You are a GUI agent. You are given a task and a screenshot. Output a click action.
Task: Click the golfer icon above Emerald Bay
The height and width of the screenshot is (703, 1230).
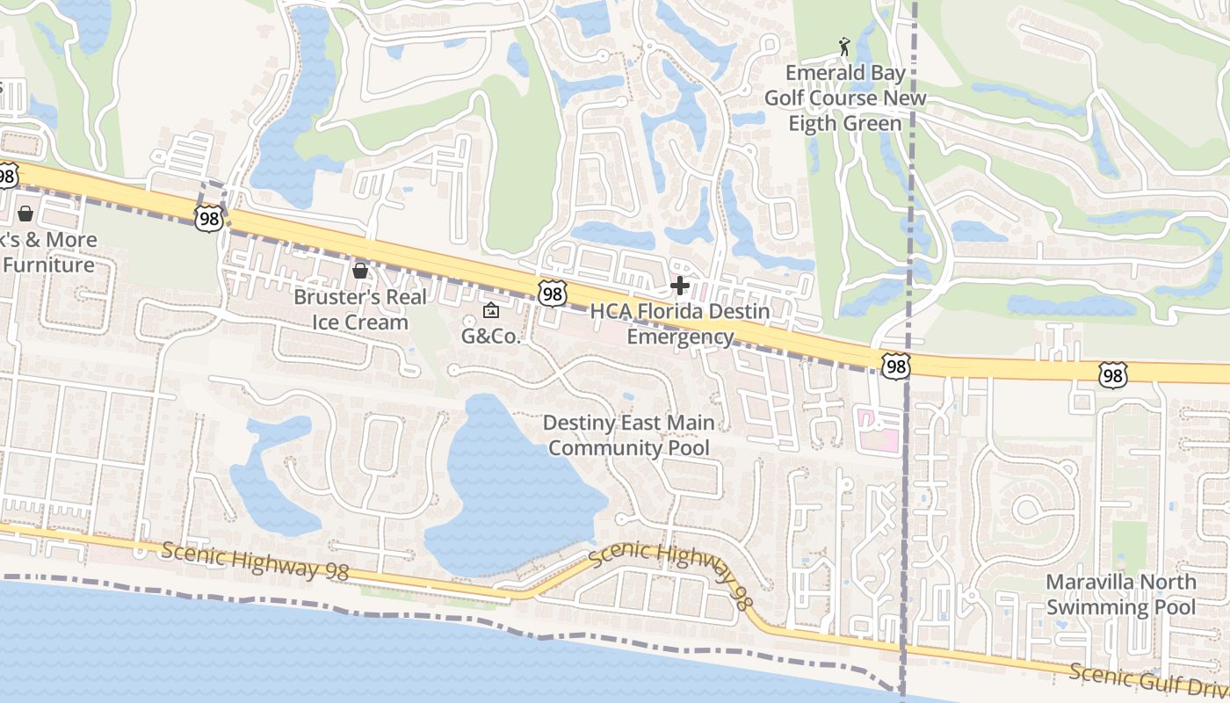click(x=844, y=46)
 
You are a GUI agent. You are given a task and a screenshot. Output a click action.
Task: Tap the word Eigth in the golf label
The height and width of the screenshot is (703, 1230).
click(x=813, y=123)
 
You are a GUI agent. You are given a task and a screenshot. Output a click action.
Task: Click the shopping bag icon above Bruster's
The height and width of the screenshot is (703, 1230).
click(x=359, y=271)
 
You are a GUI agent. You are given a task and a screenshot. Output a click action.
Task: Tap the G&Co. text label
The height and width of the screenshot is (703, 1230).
click(x=491, y=336)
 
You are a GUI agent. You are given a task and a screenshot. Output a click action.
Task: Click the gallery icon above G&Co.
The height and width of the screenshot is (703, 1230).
click(x=490, y=310)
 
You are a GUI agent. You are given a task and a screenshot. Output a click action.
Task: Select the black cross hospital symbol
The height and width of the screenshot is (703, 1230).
click(x=679, y=285)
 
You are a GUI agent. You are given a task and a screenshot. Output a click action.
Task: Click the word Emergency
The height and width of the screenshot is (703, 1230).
click(x=680, y=337)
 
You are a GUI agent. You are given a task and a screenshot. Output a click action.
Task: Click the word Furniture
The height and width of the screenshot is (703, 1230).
click(x=48, y=265)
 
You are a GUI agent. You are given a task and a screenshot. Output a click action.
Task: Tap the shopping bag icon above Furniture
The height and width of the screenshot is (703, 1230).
click(x=25, y=213)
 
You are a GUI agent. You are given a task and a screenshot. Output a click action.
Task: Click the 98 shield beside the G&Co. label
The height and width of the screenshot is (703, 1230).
click(x=552, y=294)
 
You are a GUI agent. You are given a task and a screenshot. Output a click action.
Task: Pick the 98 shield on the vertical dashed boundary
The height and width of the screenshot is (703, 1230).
click(x=894, y=366)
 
